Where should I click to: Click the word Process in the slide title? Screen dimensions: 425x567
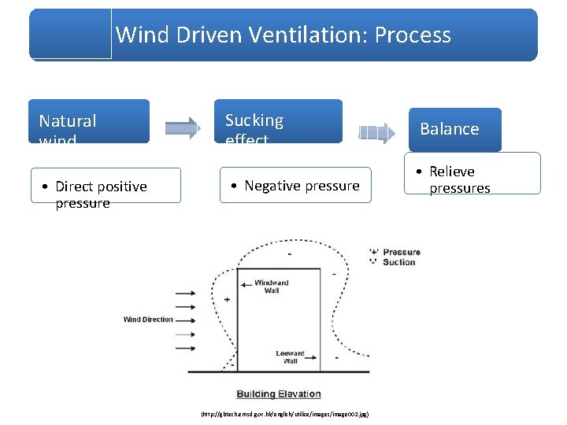[x=413, y=35]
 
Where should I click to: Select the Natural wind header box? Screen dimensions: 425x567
[x=89, y=121]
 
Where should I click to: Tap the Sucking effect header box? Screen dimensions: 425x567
[x=281, y=121]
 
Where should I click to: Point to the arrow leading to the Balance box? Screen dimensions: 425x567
[x=377, y=132]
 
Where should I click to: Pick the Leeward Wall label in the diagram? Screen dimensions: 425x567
[x=290, y=357]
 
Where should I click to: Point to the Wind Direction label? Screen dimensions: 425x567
[x=148, y=320]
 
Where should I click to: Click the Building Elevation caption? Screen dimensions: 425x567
[x=279, y=394]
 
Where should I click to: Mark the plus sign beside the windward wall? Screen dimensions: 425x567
[x=227, y=300]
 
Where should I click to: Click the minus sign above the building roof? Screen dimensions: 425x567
[x=288, y=253]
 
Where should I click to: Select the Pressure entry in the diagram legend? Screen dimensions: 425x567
[x=401, y=253]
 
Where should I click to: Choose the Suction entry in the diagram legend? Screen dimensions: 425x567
[x=398, y=262]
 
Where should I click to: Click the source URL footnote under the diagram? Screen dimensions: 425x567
[x=285, y=413]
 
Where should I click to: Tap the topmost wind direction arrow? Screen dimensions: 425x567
[x=184, y=294]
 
